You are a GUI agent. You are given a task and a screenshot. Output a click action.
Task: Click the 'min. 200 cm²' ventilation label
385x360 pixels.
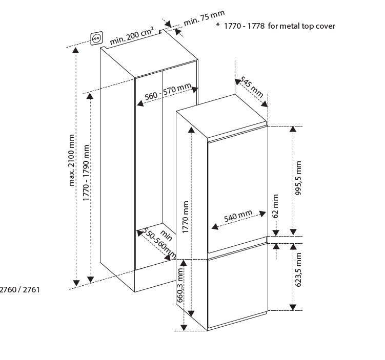tap(131, 34)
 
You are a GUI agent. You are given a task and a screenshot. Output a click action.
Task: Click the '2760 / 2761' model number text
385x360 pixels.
tap(19, 289)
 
